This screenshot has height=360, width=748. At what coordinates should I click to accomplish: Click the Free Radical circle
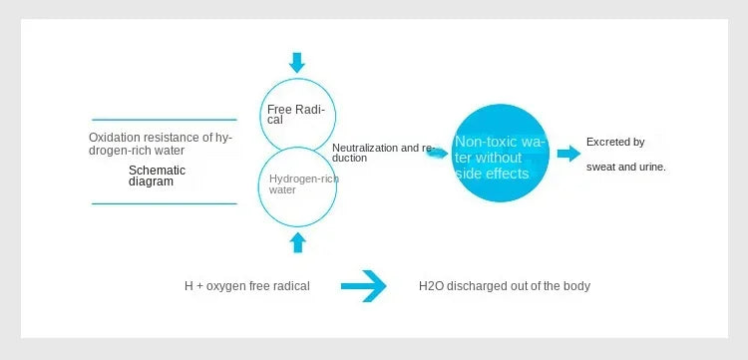tap(297, 113)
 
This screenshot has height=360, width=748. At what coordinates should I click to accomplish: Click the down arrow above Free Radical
tap(297, 63)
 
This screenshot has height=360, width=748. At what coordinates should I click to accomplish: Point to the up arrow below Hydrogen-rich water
tap(297, 241)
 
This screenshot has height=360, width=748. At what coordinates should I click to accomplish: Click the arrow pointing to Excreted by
tap(568, 154)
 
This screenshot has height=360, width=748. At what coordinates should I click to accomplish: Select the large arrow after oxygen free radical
tap(363, 286)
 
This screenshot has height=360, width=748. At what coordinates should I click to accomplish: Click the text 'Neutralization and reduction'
tap(381, 153)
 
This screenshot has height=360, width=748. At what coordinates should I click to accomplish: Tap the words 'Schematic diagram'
tap(157, 177)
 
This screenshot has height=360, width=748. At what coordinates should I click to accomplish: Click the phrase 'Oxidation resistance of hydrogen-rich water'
tap(160, 144)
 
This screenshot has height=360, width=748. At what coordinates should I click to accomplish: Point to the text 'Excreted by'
tap(615, 143)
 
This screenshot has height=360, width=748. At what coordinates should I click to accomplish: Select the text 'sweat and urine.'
tap(625, 167)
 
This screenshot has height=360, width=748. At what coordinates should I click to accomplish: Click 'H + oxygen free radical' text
tap(246, 286)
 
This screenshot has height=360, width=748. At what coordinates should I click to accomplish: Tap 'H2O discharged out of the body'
tap(505, 286)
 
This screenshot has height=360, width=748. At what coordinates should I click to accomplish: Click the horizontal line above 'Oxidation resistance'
tap(165, 120)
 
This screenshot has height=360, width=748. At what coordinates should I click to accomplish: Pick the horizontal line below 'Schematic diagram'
tap(165, 203)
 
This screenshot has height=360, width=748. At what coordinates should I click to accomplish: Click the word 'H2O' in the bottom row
tap(431, 286)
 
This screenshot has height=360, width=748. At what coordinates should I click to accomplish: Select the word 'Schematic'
tap(157, 171)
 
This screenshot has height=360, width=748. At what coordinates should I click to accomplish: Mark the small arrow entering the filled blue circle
tap(436, 153)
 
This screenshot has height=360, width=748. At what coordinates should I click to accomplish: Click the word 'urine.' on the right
tap(650, 167)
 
